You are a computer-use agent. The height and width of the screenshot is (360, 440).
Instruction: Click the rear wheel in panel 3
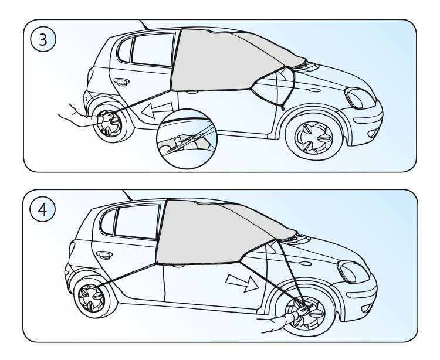(x=109, y=124)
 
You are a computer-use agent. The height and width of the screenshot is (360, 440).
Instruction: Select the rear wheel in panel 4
(x=93, y=298)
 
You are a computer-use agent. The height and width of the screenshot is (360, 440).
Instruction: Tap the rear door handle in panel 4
(x=106, y=255)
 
